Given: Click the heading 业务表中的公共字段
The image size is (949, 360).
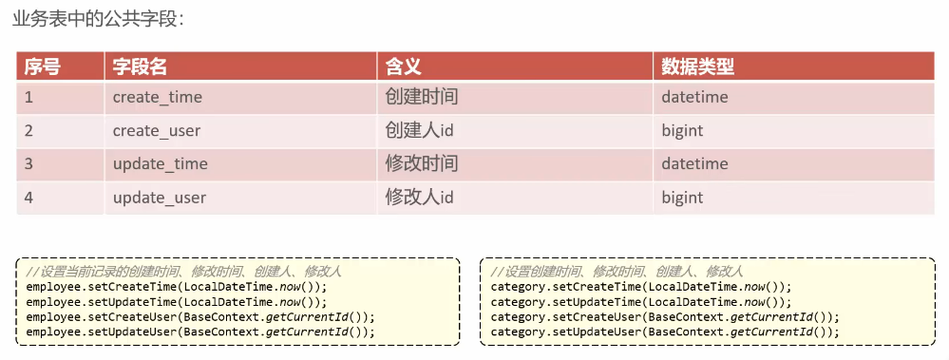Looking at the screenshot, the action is click(104, 20).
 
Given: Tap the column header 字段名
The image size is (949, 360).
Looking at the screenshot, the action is click(140, 66).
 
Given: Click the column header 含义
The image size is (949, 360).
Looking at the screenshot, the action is click(403, 66).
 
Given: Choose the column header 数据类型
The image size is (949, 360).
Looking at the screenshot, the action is click(698, 66).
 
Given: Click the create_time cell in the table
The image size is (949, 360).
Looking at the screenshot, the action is click(157, 97).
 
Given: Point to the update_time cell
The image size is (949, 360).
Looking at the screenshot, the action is click(160, 163).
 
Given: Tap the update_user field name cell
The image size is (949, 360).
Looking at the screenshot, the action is click(159, 198).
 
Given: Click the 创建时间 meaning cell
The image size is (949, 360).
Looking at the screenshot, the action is click(422, 97).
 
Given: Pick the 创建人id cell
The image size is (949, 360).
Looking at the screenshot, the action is click(419, 130).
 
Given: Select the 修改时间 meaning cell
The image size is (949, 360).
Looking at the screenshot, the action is click(422, 163).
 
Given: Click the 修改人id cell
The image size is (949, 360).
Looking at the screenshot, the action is click(419, 198).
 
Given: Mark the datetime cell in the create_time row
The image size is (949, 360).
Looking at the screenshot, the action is click(694, 97).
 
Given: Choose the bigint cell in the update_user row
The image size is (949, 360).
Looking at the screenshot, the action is click(682, 198).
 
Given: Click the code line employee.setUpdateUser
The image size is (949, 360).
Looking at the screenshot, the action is click(200, 332).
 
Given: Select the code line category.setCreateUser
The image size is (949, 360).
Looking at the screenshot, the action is click(665, 316).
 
